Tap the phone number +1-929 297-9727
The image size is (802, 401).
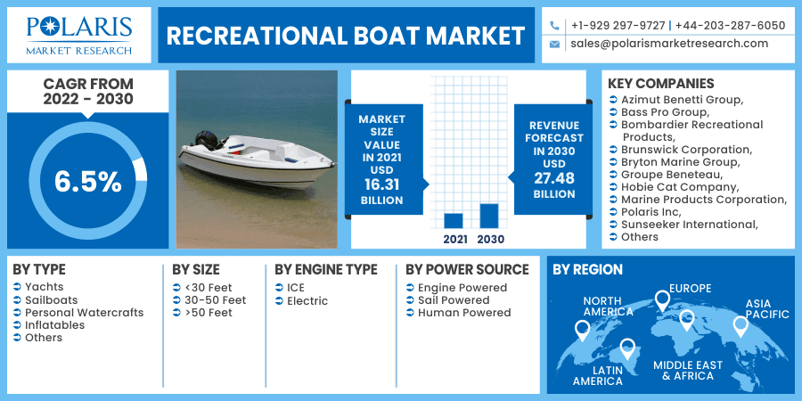coord(618,26)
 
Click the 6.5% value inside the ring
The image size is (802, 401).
coord(87,182)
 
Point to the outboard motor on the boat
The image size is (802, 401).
coord(208,141)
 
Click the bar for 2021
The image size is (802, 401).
coord(453,221)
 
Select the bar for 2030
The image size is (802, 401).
coord(488,216)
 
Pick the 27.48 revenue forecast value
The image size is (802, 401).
coord(554,179)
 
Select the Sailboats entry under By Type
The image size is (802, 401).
coord(51,300)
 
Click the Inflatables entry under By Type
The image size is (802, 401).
coord(54,325)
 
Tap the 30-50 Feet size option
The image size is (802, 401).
coord(215,300)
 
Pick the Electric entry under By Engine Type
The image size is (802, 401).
coord(307,301)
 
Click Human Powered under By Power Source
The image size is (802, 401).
coord(463,313)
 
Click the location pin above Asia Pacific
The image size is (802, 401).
coord(740,326)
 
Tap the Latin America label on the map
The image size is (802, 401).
coord(597,375)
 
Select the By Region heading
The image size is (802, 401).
coord(587,269)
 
